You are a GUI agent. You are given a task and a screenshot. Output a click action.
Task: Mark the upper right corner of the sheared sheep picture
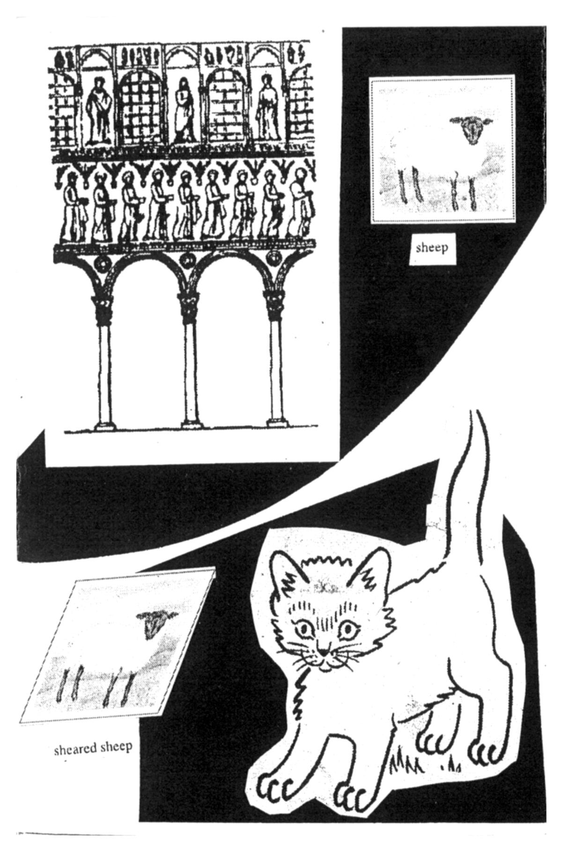pyautogui.click(x=215, y=568)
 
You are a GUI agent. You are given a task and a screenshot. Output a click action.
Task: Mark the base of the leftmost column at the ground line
pyautogui.click(x=104, y=426)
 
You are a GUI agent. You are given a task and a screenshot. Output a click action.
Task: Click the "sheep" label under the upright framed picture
pyautogui.click(x=431, y=249)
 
